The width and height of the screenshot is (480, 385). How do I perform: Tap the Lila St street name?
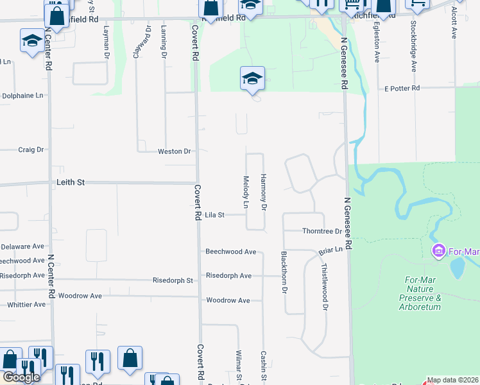(x=214, y=215)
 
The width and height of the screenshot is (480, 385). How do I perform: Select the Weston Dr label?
(x=174, y=151)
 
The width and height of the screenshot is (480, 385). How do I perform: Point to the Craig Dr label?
(x=31, y=150)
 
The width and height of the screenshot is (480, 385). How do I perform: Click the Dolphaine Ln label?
(x=23, y=95)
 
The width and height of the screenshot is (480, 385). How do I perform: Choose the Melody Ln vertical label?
(x=245, y=192)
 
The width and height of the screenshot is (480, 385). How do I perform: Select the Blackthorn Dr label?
(x=283, y=272)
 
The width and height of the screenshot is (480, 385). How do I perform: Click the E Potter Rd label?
(x=402, y=88)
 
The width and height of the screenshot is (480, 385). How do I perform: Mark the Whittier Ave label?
(x=26, y=304)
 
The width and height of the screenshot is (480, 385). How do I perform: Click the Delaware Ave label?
(x=22, y=246)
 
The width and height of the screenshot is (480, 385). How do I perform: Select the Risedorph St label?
(x=173, y=280)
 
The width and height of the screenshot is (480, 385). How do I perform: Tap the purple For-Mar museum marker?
(x=440, y=249)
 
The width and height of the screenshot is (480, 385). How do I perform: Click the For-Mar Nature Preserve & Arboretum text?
(x=421, y=293)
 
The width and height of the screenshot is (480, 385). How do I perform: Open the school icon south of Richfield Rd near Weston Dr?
(x=252, y=80)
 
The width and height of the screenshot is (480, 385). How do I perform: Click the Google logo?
(x=21, y=377)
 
